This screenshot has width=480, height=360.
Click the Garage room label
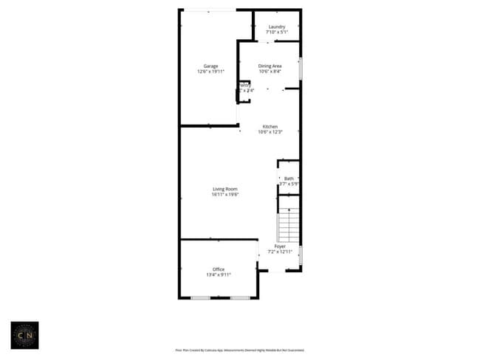tap(210, 66)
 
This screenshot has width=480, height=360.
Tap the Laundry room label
tap(277, 27)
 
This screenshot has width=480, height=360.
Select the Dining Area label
tap(270, 66)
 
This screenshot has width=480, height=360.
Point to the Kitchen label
tap(269, 127)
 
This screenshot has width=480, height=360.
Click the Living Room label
tap(224, 190)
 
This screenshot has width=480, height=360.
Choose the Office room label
tap(219, 269)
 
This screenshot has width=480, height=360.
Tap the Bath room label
tap(289, 178)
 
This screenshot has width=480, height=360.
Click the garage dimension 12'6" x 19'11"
tap(210, 72)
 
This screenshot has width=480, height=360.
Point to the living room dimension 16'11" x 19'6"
tap(224, 195)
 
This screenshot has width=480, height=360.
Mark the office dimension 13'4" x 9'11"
tap(219, 274)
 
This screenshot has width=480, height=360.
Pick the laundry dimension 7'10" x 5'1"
tap(277, 32)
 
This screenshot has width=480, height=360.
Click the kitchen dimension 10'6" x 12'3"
tap(269, 132)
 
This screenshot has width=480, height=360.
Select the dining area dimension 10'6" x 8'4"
tap(270, 72)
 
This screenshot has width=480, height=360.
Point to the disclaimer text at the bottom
tap(239, 350)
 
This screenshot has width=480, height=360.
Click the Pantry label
tap(245, 86)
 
